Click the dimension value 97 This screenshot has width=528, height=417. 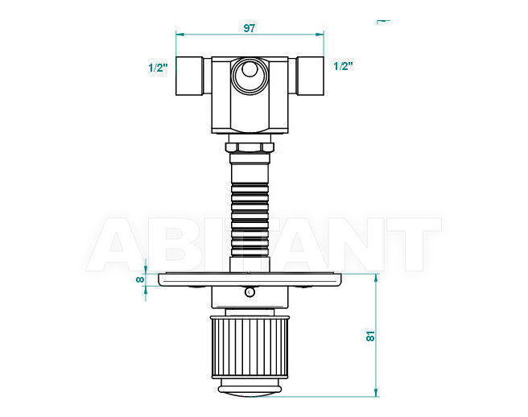click(x=250, y=28)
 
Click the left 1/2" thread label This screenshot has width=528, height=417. click(x=158, y=68)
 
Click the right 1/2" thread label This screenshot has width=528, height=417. click(x=343, y=66)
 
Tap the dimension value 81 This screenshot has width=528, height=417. click(x=370, y=336)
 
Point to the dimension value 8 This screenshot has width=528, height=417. click(x=140, y=279)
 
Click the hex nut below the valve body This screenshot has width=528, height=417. click(x=250, y=147)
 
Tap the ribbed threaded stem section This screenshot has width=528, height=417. click(x=250, y=220)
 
